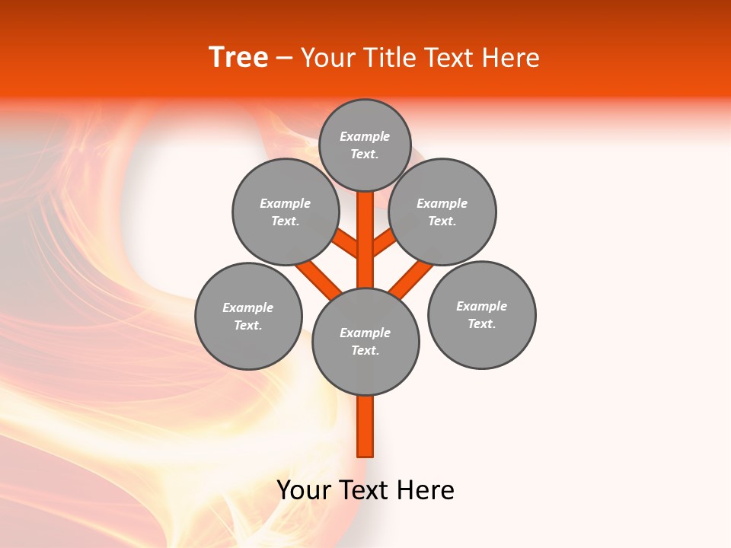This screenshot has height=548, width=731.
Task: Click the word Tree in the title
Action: click(238, 58)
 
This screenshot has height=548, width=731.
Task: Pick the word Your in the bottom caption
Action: click(304, 490)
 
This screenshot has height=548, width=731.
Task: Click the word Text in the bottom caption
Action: click(365, 490)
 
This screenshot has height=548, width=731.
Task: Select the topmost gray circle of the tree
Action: click(365, 145)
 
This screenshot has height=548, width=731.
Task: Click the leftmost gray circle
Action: click(248, 316)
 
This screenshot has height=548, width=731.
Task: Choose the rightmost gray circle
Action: click(481, 314)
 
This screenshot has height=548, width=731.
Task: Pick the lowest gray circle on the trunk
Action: click(365, 341)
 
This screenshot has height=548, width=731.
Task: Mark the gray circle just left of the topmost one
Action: click(285, 212)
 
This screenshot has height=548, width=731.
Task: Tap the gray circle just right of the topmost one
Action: click(442, 212)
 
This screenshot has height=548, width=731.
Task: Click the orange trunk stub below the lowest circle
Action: click(365, 426)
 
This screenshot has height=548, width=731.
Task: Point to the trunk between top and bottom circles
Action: click(365, 244)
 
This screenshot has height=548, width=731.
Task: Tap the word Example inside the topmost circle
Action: click(365, 136)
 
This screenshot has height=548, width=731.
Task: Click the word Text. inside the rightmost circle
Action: click(481, 323)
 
